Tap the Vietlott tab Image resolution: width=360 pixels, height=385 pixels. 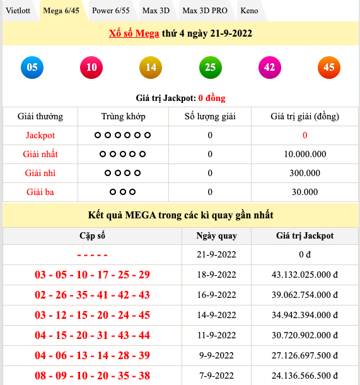pyautogui.click(x=18, y=11)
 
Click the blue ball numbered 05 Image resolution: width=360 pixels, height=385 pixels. pyautogui.click(x=32, y=67)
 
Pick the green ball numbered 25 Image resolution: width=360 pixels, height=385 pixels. pyautogui.click(x=210, y=67)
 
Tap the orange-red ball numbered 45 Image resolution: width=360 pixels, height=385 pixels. pyautogui.click(x=328, y=67)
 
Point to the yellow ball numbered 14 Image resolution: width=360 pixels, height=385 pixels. pyautogui.click(x=151, y=67)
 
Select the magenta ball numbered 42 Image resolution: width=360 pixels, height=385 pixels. pyautogui.click(x=269, y=67)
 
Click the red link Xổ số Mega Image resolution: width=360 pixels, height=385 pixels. pyautogui.click(x=135, y=33)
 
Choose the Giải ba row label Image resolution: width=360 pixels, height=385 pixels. pyautogui.click(x=40, y=192)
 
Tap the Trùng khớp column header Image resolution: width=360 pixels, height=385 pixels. pyautogui.click(x=123, y=116)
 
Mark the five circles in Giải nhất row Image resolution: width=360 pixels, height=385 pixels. pyautogui.click(x=123, y=154)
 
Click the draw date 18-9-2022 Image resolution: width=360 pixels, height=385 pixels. pyautogui.click(x=216, y=275)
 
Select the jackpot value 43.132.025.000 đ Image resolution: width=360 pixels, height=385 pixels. pyautogui.click(x=305, y=275)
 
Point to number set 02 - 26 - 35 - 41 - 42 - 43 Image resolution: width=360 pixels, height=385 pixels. pyautogui.click(x=92, y=295)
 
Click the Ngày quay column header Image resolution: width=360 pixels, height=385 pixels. pyautogui.click(x=216, y=235)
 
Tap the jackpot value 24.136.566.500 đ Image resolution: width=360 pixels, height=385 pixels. pyautogui.click(x=305, y=376)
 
